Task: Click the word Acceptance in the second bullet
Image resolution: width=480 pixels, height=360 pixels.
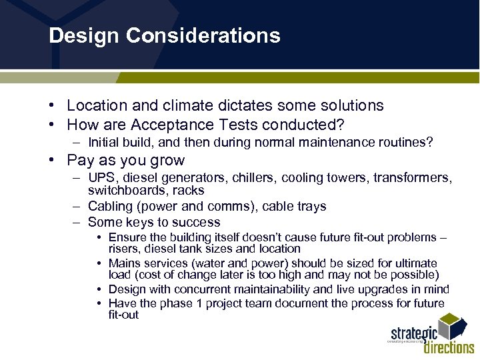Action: pyautogui.click(x=169, y=125)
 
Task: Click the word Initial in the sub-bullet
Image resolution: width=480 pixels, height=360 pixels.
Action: pyautogui.click(x=103, y=142)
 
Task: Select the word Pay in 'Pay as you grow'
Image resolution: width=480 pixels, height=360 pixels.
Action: pyautogui.click(x=81, y=161)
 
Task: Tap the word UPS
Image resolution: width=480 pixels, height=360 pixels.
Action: pyautogui.click(x=101, y=178)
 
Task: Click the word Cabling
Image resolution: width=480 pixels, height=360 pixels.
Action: pyautogui.click(x=109, y=206)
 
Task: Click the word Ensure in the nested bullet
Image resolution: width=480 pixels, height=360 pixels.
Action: pyautogui.click(x=126, y=238)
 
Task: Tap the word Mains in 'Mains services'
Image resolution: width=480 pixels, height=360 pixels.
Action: pyautogui.click(x=124, y=263)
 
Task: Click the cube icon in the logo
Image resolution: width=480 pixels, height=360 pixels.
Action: pyautogui.click(x=456, y=327)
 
